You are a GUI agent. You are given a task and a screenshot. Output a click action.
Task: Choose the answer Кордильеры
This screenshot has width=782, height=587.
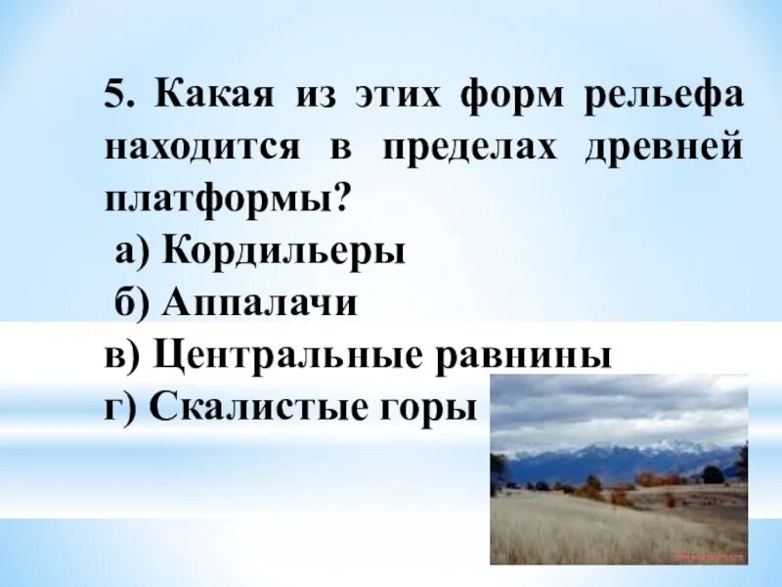(283, 253)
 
